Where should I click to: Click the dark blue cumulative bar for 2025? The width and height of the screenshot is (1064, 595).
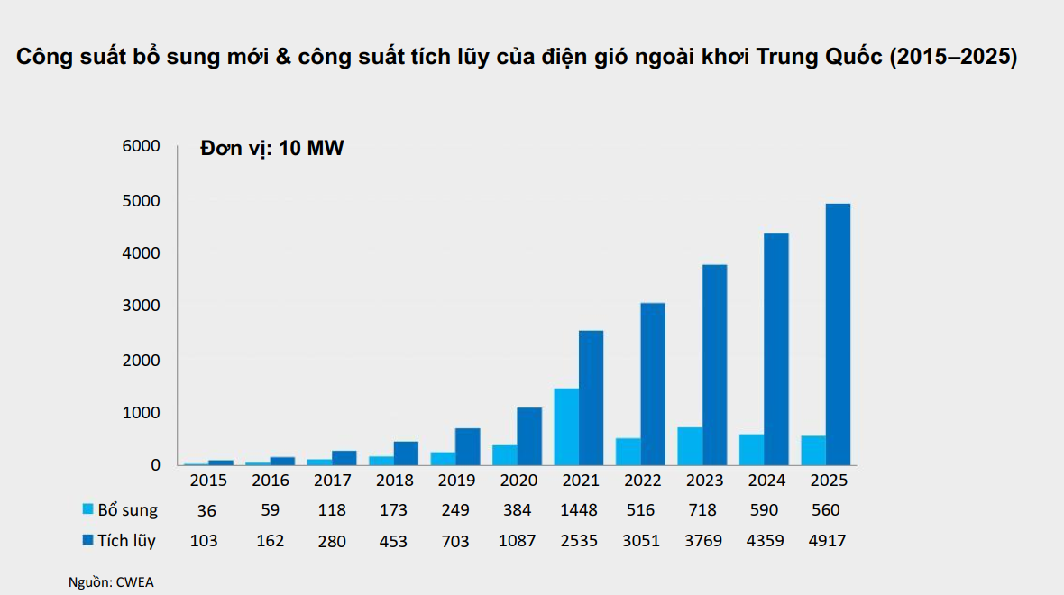tap(838, 334)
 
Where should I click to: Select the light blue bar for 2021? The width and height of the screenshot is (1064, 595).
tap(566, 426)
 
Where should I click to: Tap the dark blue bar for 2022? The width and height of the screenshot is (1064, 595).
tap(653, 384)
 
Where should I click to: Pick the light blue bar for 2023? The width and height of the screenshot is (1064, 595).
tap(690, 446)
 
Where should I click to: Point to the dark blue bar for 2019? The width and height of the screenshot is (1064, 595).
tap(468, 446)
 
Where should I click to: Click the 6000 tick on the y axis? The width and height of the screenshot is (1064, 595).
tap(142, 146)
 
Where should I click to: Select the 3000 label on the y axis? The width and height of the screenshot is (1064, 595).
tap(142, 306)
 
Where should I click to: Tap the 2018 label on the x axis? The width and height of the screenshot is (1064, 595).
tap(394, 481)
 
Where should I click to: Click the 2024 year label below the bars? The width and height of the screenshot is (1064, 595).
tap(766, 481)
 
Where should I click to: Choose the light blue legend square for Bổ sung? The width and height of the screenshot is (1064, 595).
tap(87, 508)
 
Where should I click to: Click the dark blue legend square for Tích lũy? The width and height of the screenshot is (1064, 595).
tap(87, 540)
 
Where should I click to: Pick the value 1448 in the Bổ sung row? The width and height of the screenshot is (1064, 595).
tap(579, 510)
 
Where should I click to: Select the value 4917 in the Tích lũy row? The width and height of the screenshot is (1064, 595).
tap(827, 541)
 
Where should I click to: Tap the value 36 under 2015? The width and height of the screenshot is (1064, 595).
tap(206, 511)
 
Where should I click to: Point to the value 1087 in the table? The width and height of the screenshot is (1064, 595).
tap(517, 541)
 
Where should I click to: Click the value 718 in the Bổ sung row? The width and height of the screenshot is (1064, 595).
tap(702, 510)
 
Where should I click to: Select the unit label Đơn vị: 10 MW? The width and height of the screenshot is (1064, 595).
tap(272, 148)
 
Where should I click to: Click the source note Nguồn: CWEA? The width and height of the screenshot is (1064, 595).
tap(111, 582)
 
